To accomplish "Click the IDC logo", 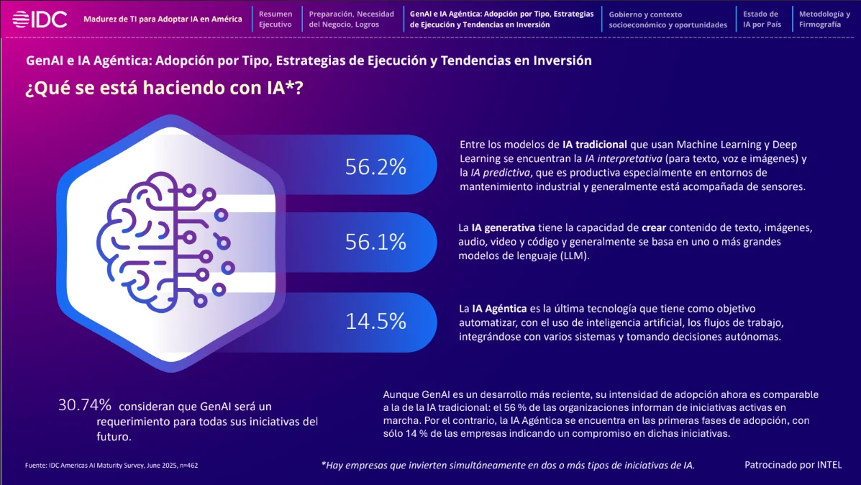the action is [40, 19].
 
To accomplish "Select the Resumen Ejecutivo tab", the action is [275, 19].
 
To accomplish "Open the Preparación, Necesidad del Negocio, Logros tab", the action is [352, 19].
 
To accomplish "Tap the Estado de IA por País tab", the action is [762, 19].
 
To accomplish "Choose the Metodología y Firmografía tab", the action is [824, 19].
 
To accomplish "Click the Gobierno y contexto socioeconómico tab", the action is [668, 19].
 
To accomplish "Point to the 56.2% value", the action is [375, 166].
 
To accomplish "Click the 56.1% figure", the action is [375, 242].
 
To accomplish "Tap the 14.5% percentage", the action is [375, 322].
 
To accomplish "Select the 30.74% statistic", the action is [85, 405].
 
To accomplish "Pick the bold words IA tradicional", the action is [595, 145].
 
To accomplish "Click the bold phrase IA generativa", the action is [503, 227].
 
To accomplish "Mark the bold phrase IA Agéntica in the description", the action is [499, 309].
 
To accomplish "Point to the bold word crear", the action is [653, 227].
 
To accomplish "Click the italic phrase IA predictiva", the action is [500, 173].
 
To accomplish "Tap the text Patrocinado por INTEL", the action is [793, 465].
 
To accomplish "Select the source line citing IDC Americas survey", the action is [111, 466].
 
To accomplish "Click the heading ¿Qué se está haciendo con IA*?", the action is [164, 87].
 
